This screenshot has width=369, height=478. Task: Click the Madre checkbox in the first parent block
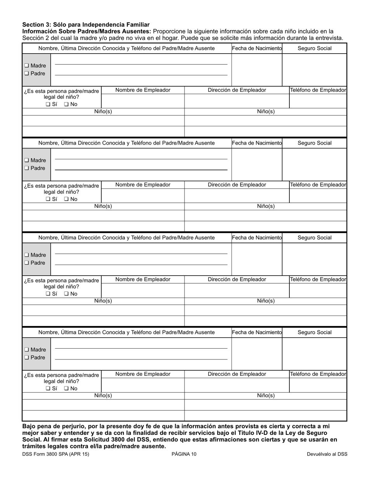26,66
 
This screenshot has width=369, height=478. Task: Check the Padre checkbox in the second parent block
26,168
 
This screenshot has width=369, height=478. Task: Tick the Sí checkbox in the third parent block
48,294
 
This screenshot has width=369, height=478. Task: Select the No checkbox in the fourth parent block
66,388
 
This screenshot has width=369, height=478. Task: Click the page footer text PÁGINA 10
184,454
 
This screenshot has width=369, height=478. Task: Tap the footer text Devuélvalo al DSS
327,454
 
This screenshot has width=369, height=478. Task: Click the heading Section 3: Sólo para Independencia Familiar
86,24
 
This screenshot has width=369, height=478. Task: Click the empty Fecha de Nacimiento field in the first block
257,70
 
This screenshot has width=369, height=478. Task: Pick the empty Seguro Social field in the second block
314,164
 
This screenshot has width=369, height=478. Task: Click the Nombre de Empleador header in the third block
143,279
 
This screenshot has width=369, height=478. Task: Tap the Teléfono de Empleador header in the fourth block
318,374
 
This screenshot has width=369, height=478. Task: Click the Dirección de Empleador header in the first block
237,90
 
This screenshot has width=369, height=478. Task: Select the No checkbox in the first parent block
66,104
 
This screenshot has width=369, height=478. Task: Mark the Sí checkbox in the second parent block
48,199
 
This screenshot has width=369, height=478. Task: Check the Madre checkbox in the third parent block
26,255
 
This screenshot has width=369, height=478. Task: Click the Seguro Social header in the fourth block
314,332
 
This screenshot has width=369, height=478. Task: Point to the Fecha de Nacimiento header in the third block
257,237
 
